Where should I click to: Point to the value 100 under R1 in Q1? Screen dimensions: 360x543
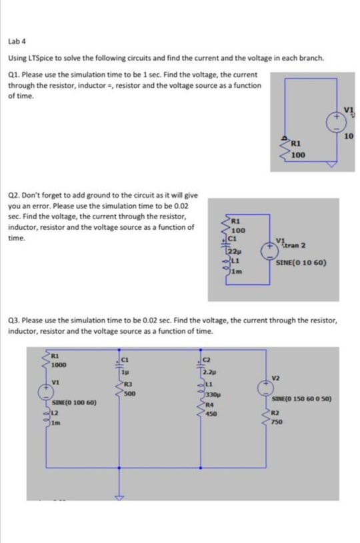(297, 155)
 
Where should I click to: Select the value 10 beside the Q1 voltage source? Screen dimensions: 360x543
(349, 137)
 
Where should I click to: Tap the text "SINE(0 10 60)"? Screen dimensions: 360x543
(300, 263)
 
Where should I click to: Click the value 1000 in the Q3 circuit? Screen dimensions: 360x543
(59, 364)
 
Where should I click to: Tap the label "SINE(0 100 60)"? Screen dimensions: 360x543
(74, 403)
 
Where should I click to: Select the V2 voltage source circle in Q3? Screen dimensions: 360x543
(268, 384)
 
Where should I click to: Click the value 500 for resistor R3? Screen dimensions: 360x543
(129, 392)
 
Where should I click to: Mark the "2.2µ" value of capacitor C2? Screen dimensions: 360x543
(209, 372)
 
